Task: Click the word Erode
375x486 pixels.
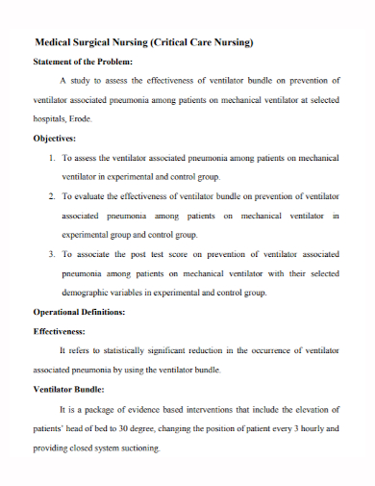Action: [82, 118]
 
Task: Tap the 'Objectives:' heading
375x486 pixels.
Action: [62, 138]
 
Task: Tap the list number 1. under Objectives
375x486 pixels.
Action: [52, 156]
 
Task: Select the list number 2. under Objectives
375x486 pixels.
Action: [52, 195]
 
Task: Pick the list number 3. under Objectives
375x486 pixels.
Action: [52, 254]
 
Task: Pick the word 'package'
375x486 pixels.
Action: [100, 410]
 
